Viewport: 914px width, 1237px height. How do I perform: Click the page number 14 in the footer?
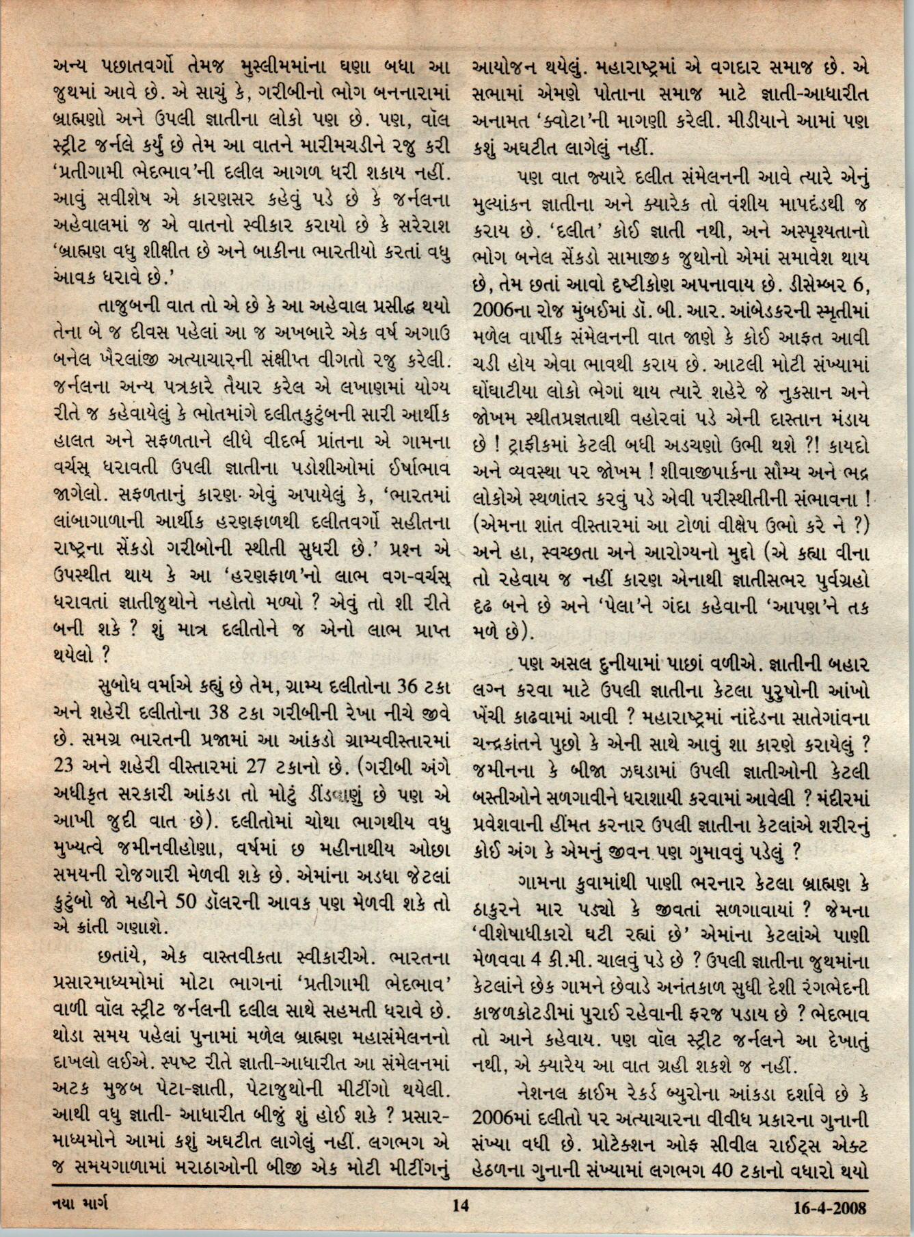coord(459,1207)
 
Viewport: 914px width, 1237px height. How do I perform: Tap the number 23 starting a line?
coord(63,767)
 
